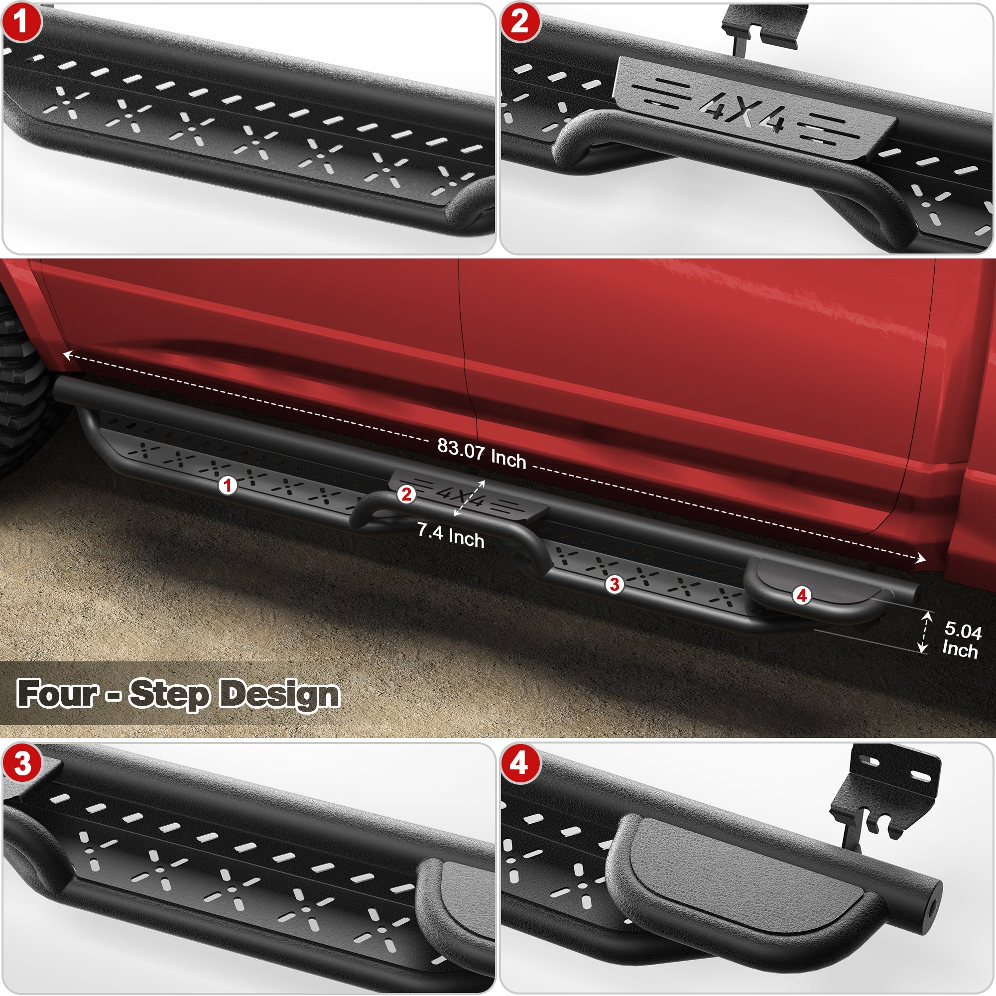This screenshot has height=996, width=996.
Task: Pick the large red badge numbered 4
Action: click(x=519, y=763)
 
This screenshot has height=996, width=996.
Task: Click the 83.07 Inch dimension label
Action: click(x=482, y=454)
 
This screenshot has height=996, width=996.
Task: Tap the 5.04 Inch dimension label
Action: click(x=961, y=640)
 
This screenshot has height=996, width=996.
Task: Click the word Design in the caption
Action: click(x=280, y=694)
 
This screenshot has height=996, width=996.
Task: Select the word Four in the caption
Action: click(x=57, y=693)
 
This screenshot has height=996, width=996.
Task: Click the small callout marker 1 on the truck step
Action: click(x=228, y=485)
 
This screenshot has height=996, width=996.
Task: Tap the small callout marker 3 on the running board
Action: click(x=614, y=585)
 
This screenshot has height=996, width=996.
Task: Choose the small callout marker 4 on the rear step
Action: click(x=802, y=596)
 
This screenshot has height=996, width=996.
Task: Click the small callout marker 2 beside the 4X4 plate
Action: click(x=406, y=495)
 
